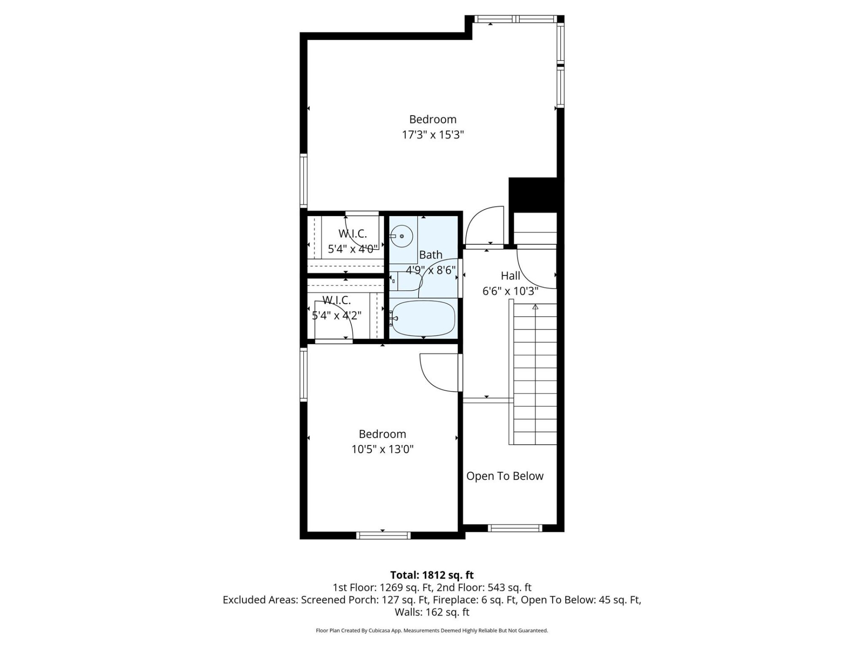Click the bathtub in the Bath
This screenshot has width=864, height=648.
point(423,318)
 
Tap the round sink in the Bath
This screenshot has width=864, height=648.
point(401,236)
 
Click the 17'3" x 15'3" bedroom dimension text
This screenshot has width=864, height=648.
point(432,135)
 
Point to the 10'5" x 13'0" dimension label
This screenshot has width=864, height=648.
point(382,449)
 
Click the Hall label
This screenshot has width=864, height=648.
point(510,276)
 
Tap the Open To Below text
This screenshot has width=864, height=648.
point(504,476)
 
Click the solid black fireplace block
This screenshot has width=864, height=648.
point(533,194)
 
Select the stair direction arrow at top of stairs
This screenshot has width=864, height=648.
point(535,307)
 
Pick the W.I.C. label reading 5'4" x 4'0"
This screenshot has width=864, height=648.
point(353,249)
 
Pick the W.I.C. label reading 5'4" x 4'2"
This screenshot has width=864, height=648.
point(337,315)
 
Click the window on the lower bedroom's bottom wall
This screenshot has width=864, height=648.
point(383,535)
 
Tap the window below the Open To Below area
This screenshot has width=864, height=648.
point(515,528)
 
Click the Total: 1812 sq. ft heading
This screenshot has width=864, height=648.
point(432,575)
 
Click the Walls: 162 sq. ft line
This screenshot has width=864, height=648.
point(432,612)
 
